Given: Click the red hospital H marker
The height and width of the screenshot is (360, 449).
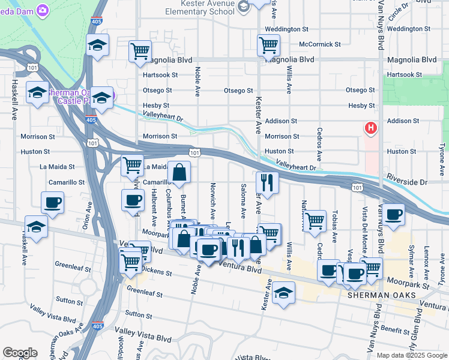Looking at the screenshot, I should point(371,128).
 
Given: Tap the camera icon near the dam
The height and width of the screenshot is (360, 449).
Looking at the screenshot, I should point(43,10).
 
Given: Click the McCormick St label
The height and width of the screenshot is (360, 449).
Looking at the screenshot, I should point(320,44).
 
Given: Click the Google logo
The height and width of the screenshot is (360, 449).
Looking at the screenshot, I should point(20,353).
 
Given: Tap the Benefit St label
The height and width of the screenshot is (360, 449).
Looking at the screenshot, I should point(394,329).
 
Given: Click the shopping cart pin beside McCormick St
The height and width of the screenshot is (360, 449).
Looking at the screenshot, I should point(268,44).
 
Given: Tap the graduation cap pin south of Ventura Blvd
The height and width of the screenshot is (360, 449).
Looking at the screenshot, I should point(283,293).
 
